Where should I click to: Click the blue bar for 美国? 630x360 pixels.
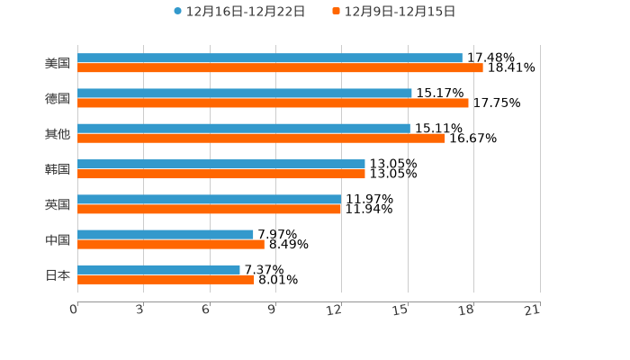point(270,58)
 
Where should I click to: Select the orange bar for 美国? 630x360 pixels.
point(280,68)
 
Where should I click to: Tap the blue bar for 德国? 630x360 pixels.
point(245,94)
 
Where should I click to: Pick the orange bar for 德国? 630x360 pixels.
point(273,103)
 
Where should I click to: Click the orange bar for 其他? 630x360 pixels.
point(261,139)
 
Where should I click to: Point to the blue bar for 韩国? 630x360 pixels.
point(221,164)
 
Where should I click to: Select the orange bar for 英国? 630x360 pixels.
point(210,209)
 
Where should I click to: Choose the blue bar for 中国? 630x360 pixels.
point(166,234)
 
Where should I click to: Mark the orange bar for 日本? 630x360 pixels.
point(166,280)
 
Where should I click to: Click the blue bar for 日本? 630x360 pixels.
point(158,269)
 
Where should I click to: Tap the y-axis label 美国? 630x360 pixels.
point(58,64)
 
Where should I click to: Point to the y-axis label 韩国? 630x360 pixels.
point(58,169)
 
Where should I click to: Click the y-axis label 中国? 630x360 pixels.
point(58,239)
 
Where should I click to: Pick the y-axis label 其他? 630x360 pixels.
point(58,134)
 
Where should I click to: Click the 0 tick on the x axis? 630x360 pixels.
point(75,310)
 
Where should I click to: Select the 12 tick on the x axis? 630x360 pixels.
point(335,310)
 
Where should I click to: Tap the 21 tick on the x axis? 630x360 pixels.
point(533,310)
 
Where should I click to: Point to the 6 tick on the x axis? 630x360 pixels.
point(206,310)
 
